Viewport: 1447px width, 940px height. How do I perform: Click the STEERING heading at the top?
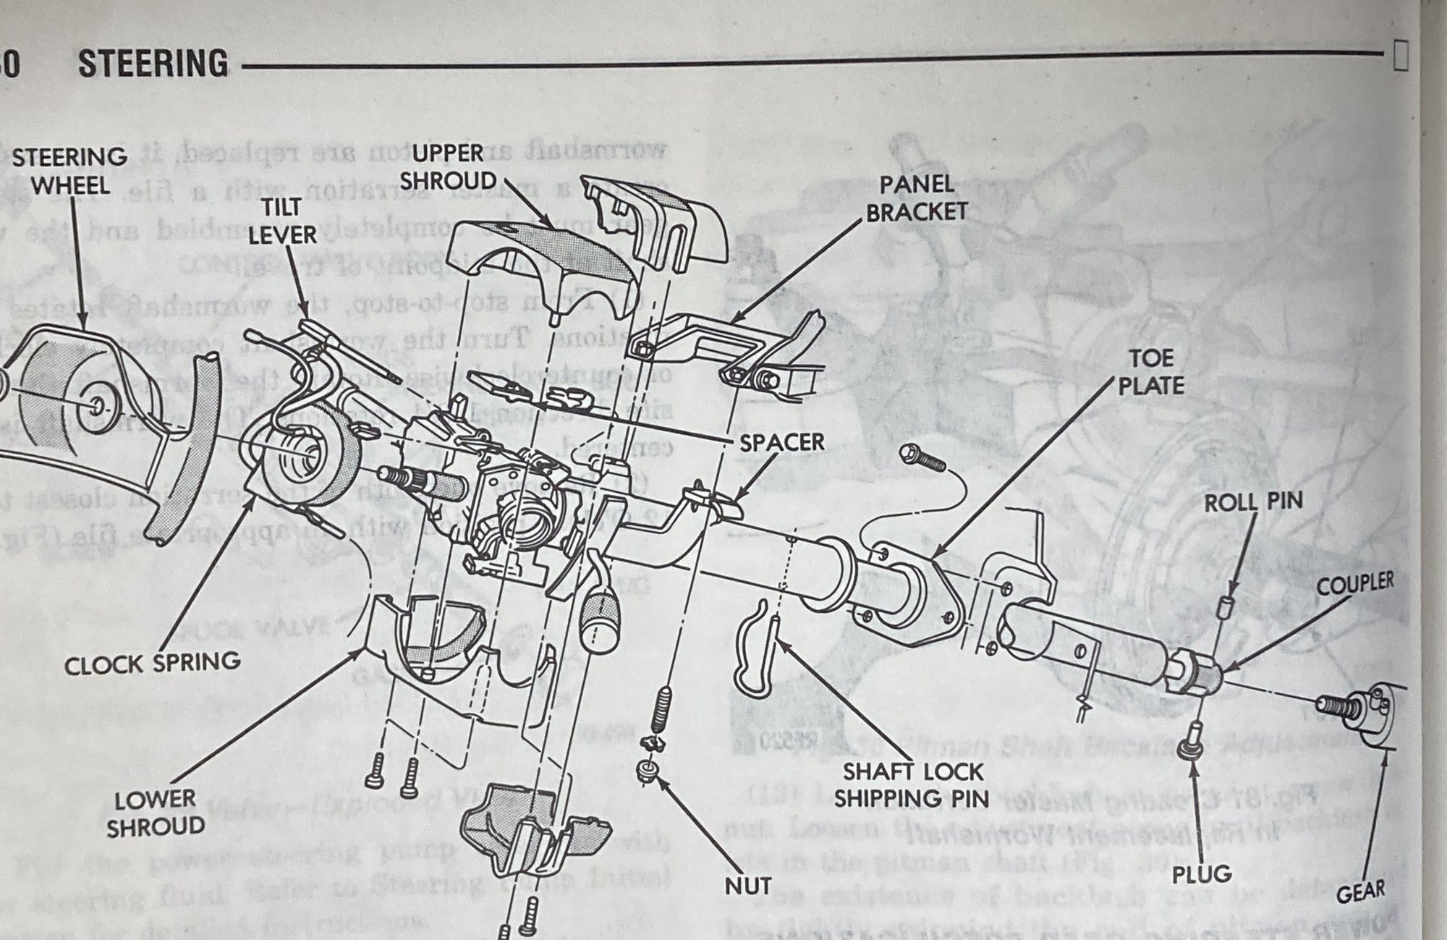153,64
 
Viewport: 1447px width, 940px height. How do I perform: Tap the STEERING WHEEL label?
69,171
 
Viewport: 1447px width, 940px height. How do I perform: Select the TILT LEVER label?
283,221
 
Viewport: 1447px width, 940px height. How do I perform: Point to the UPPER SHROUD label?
449,166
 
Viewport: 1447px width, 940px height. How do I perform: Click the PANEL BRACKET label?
917,198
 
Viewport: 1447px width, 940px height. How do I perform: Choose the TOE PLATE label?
1152,371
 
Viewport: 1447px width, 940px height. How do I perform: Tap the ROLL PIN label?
1253,501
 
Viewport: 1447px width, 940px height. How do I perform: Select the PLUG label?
1202,873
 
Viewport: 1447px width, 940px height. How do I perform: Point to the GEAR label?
1360,892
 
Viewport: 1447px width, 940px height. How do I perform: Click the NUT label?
748,885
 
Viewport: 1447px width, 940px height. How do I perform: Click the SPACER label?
782,442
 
